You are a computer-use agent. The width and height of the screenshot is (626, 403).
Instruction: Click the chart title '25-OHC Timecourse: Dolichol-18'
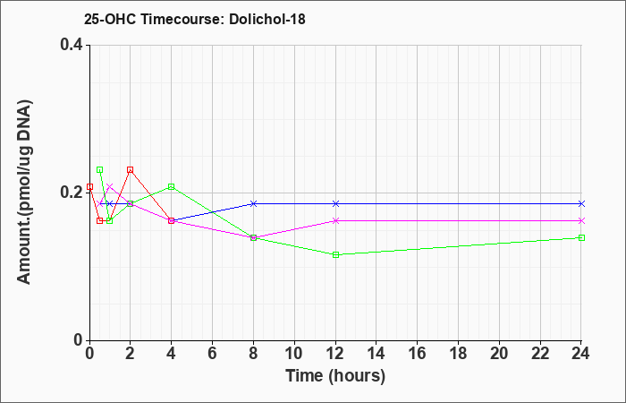tap(194, 19)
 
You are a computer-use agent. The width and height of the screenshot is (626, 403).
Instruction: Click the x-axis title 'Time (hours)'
tap(335, 376)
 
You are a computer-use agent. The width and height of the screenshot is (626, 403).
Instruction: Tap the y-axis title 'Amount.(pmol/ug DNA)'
tap(24, 193)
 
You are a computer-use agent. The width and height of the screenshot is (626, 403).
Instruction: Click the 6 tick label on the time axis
tap(213, 353)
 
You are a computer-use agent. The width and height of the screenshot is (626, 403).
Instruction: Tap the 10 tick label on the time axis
tap(294, 353)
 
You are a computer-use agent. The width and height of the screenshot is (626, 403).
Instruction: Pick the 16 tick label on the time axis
tap(418, 353)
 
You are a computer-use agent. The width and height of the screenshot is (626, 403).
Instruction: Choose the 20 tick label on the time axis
tap(499, 353)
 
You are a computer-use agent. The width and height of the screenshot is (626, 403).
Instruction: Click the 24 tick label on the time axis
tap(581, 353)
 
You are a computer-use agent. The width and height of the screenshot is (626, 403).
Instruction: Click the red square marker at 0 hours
tap(89, 186)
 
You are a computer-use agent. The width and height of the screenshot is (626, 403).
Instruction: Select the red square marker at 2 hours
tap(131, 170)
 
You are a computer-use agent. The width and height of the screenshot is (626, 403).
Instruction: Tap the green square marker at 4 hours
tap(172, 186)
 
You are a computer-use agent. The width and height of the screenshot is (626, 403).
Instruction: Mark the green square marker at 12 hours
tap(335, 254)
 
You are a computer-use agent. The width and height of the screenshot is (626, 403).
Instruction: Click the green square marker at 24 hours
tap(581, 238)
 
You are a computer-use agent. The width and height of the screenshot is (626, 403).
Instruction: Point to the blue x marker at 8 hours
tap(253, 204)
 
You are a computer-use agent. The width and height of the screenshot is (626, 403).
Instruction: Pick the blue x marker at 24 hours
tap(581, 204)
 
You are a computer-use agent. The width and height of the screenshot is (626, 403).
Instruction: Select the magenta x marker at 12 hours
tap(335, 220)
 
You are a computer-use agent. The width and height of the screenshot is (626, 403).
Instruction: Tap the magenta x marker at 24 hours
tap(581, 220)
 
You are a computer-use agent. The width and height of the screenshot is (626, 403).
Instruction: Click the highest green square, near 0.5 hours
tap(100, 170)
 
